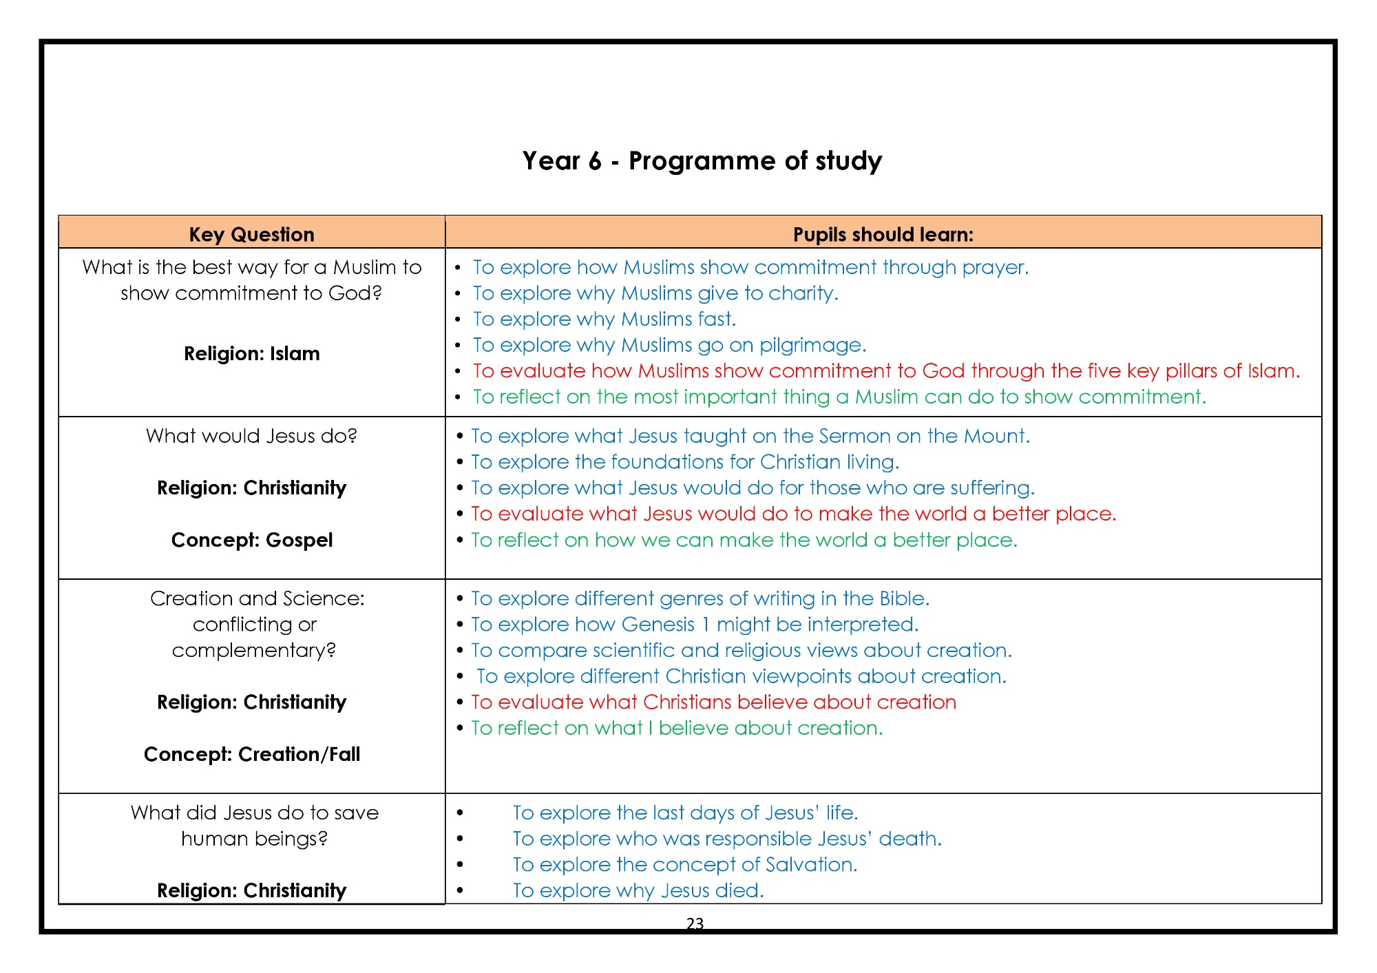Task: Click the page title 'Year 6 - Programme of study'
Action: [702, 161]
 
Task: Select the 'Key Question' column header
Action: [251, 234]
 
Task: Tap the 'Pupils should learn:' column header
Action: [883, 234]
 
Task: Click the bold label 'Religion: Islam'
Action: [251, 353]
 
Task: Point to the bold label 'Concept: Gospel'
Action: [251, 540]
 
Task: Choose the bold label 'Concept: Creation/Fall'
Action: [251, 754]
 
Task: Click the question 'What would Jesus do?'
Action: [251, 436]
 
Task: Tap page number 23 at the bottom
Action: [695, 923]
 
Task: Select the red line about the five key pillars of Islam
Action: [885, 370]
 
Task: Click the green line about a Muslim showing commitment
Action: [839, 397]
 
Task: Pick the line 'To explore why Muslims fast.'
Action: [604, 319]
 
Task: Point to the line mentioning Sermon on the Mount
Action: [750, 436]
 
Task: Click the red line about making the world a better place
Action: [792, 514]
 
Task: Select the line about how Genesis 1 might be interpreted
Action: [694, 625]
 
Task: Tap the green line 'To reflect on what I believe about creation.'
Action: [676, 728]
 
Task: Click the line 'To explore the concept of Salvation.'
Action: [684, 864]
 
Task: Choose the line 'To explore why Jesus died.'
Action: [638, 890]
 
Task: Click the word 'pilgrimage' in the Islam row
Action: [812, 345]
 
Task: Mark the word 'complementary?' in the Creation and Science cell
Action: [253, 651]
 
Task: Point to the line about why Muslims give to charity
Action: [655, 293]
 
